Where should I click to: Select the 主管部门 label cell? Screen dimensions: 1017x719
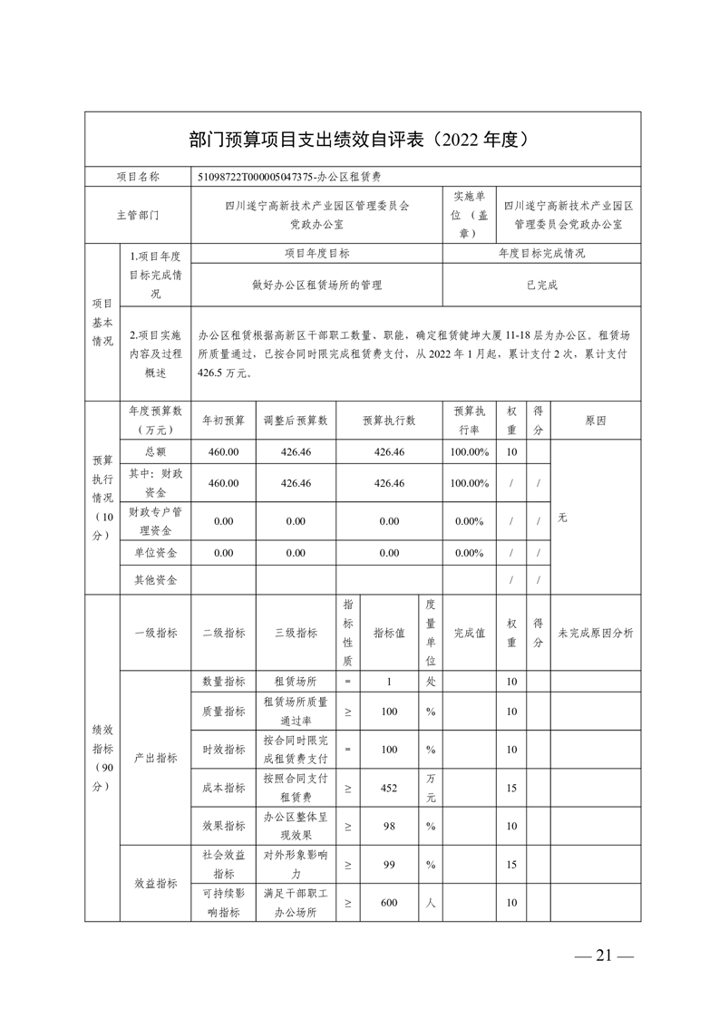(137, 215)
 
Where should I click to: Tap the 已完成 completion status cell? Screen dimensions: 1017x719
(541, 285)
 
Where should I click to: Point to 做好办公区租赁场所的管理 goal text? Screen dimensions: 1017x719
(316, 285)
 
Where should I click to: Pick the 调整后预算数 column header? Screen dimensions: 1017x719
(296, 421)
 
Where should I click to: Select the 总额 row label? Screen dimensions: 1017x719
(155, 451)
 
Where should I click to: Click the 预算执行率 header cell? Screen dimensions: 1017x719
(471, 421)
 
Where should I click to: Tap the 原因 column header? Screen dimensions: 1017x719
(595, 421)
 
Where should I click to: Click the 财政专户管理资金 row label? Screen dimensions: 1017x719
(155, 521)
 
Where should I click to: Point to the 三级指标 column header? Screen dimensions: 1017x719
(296, 633)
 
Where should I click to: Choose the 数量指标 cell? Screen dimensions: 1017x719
(223, 682)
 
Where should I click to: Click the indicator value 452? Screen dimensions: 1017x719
(389, 789)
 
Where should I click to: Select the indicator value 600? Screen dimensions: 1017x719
(389, 903)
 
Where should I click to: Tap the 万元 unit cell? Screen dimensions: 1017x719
(431, 789)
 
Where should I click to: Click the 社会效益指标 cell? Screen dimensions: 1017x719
(223, 865)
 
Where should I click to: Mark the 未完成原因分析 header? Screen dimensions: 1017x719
(595, 633)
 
